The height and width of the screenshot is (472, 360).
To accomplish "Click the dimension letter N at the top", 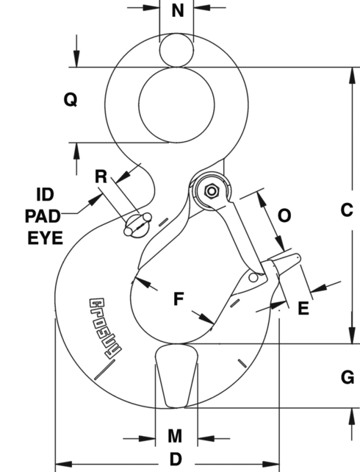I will click(x=177, y=11).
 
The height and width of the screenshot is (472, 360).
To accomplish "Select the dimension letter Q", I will click(x=70, y=100).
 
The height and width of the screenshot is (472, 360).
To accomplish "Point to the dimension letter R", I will click(x=102, y=176).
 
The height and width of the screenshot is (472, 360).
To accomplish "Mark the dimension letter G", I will click(x=348, y=377).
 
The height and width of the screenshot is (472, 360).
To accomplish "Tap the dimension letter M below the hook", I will click(x=175, y=436).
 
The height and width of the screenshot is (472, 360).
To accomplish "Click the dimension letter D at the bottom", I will click(x=176, y=459).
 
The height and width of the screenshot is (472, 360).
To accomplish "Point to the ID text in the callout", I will click(x=44, y=195).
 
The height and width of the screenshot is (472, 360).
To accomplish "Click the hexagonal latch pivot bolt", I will click(x=212, y=191).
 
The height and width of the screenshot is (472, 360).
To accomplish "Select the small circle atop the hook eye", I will click(x=176, y=51).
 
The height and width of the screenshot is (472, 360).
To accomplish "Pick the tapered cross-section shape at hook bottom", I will click(x=177, y=375).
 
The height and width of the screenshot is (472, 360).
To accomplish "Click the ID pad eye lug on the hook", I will click(x=137, y=225).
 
